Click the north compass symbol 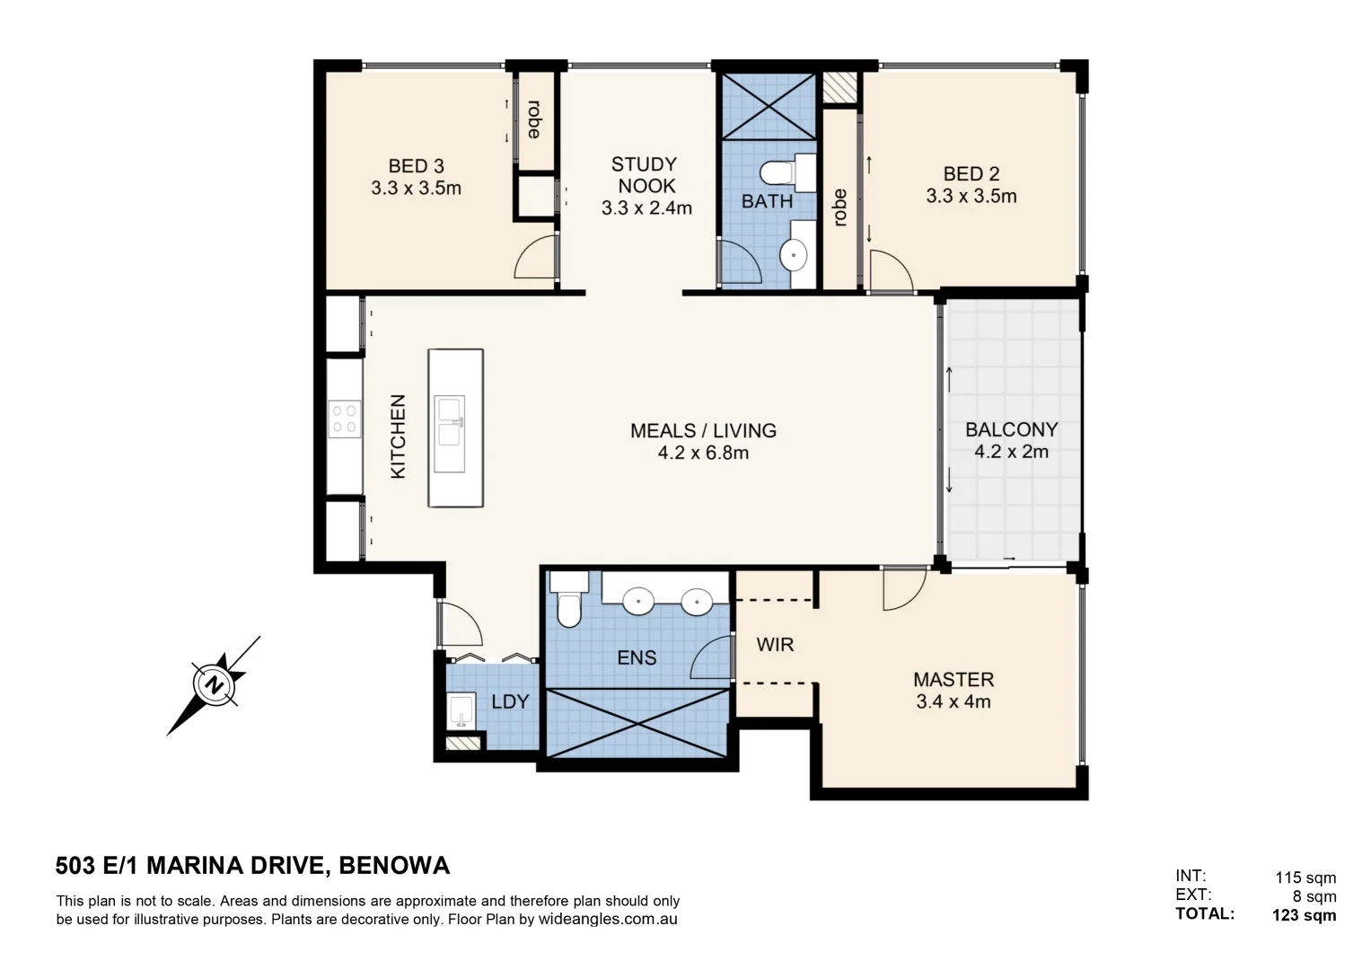pyautogui.click(x=214, y=685)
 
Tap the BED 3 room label pyautogui.click(x=416, y=166)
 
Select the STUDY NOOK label pyautogui.click(x=645, y=175)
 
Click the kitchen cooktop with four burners pyautogui.click(x=344, y=419)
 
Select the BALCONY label pyautogui.click(x=1011, y=429)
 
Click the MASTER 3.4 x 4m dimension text pyautogui.click(x=954, y=701)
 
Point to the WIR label pyautogui.click(x=775, y=645)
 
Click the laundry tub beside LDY pyautogui.click(x=461, y=711)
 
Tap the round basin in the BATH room pyautogui.click(x=794, y=255)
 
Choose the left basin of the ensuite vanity pyautogui.click(x=638, y=600)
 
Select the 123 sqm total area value pyautogui.click(x=1304, y=915)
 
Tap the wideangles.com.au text pyautogui.click(x=608, y=920)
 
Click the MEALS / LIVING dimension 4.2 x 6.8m pyautogui.click(x=703, y=453)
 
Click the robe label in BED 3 pyautogui.click(x=534, y=119)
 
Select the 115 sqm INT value pyautogui.click(x=1305, y=877)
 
